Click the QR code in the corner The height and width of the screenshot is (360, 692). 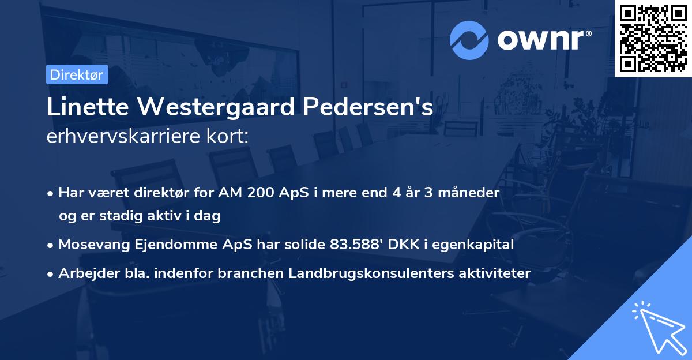pos(653,39)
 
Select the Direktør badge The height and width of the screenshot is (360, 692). pos(77,74)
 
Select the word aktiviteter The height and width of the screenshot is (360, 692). pos(492,273)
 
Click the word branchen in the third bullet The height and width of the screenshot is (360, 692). pos(245,273)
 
